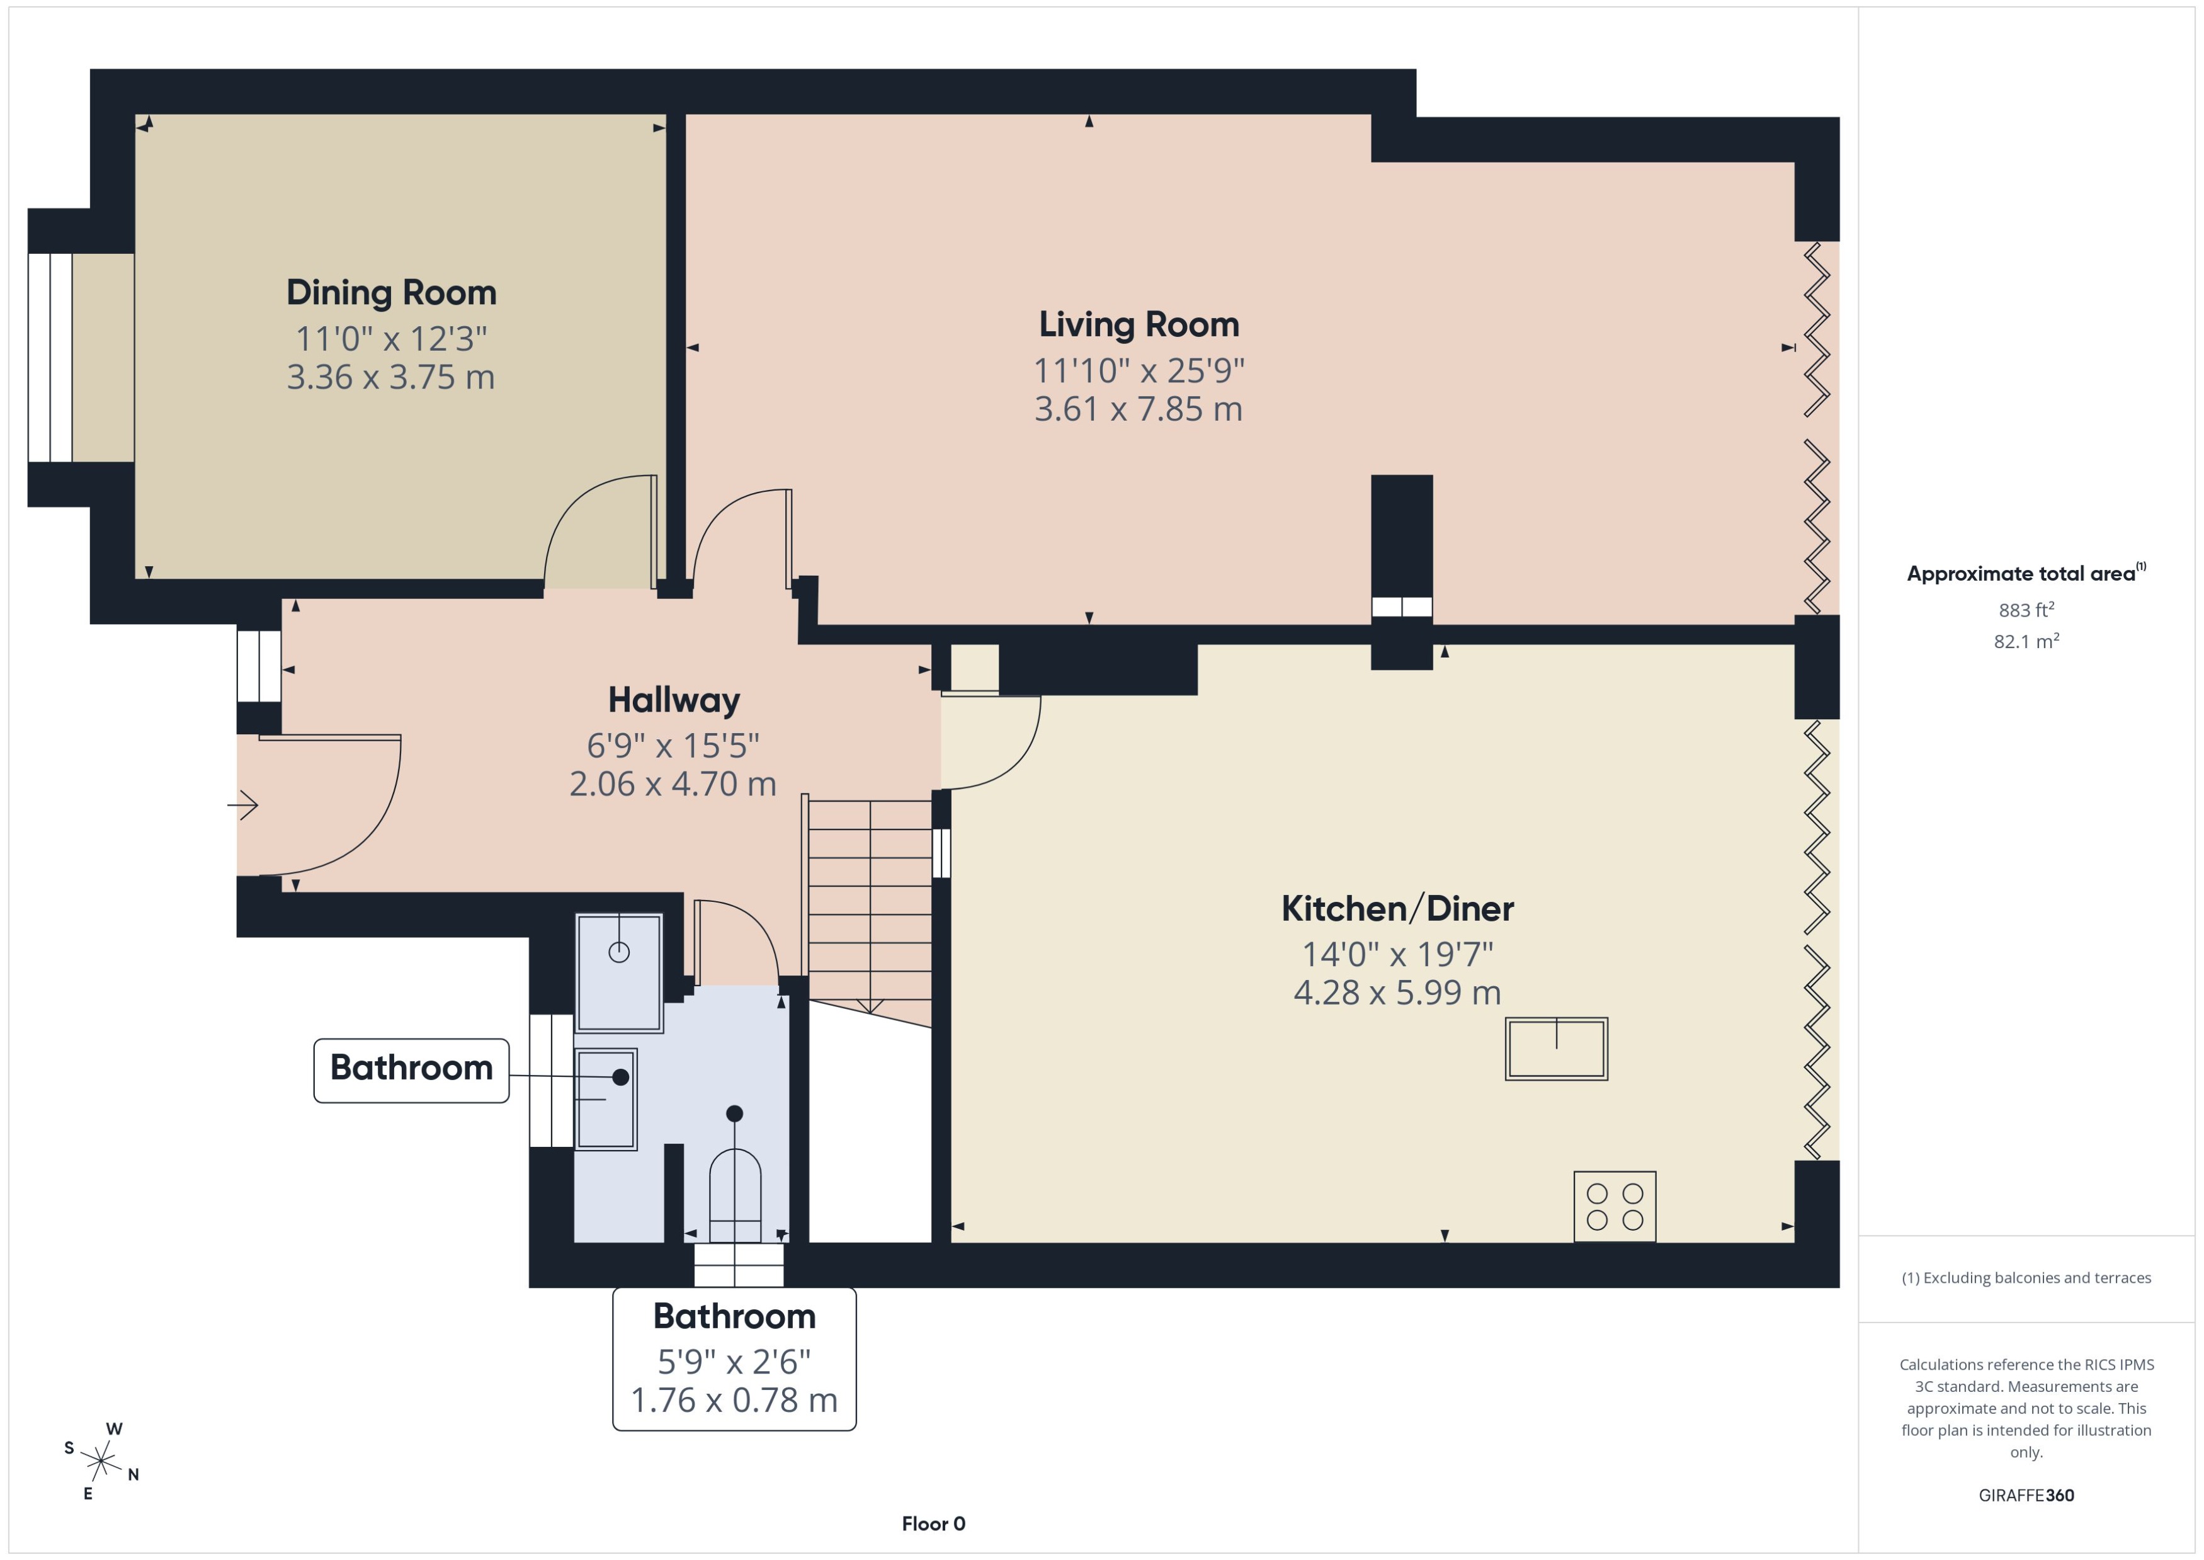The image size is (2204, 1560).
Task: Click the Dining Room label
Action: (391, 293)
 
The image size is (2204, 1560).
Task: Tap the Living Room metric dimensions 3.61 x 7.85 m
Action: (1138, 409)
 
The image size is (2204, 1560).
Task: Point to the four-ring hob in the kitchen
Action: (1615, 1207)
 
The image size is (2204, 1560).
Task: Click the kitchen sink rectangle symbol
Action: (1556, 1049)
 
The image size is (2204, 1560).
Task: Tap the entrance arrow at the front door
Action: (243, 805)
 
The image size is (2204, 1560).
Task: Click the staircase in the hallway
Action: (869, 903)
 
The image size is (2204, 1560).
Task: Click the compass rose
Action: (101, 1462)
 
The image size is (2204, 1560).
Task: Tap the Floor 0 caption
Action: (933, 1523)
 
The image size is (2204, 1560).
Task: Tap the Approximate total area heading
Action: (2025, 574)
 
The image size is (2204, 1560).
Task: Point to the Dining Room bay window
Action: (50, 357)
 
